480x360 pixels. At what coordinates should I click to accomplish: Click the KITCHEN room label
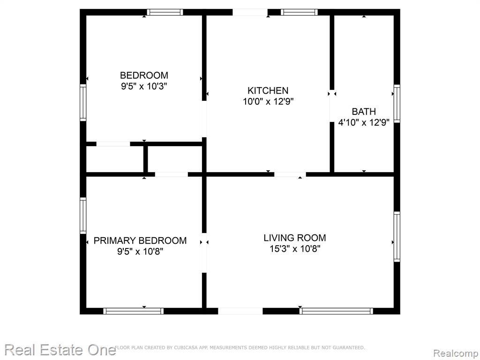268,90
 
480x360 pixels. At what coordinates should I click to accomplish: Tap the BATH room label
364,112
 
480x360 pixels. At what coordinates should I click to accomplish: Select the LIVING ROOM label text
295,238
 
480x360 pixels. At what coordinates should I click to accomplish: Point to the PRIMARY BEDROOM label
140,240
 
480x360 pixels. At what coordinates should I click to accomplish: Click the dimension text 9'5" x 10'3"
144,86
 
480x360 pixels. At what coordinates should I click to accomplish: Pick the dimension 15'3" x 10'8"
295,248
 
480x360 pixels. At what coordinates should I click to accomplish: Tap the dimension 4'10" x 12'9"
364,122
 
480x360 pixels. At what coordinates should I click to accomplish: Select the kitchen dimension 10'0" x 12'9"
268,101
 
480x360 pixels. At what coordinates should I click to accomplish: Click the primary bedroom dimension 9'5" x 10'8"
140,252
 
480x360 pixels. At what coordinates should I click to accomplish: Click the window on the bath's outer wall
397,104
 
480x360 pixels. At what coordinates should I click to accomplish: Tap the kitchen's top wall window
299,12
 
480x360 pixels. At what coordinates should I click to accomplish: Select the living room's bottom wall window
336,311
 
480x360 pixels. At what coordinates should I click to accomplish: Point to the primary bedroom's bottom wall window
133,311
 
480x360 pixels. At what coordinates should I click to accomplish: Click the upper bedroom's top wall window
165,12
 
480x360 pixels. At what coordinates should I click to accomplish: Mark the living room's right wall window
397,237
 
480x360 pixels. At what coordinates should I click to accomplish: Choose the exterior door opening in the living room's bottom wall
240,311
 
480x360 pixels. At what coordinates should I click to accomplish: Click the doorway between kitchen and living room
290,174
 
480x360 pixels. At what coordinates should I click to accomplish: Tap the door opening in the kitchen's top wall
250,12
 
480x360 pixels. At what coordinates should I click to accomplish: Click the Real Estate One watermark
60,350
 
